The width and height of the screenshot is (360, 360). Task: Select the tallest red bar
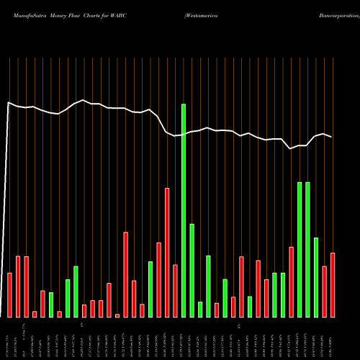click(167, 252)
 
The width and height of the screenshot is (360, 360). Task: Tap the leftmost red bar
click(9, 295)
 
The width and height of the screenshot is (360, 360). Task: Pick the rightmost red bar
click(333, 285)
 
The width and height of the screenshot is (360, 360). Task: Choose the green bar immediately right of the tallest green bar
click(192, 271)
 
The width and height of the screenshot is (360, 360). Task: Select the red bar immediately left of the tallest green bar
click(175, 291)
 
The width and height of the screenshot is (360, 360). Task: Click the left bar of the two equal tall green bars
click(300, 249)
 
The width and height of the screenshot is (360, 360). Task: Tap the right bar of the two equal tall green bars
click(308, 249)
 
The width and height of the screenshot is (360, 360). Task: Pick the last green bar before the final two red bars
click(316, 277)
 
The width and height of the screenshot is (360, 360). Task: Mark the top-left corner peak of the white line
click(9, 103)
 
